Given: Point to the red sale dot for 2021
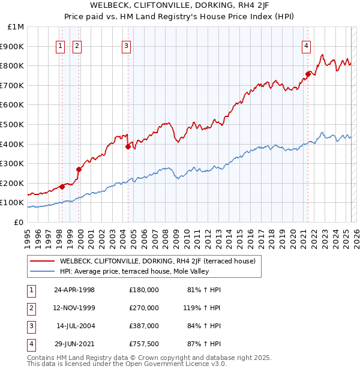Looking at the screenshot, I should (308, 74).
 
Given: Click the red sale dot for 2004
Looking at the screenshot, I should (128, 146).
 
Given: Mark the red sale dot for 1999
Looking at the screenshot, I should (79, 169).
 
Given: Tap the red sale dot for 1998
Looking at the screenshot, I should (62, 187).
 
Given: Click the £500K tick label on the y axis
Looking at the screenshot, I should (12, 124).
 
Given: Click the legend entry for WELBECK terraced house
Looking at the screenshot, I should (157, 261).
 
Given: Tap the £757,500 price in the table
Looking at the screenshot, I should (144, 344).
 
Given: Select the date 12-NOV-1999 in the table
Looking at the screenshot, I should (74, 308).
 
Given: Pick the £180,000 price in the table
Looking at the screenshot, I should (144, 290).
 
